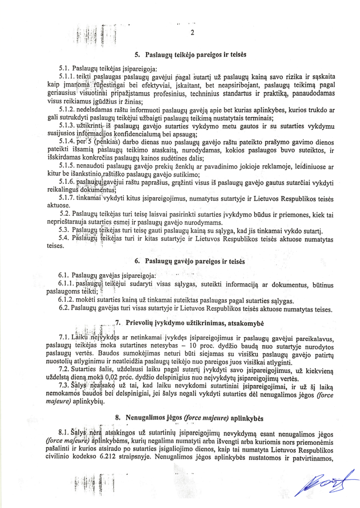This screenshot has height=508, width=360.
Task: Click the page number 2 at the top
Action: click(x=192, y=33)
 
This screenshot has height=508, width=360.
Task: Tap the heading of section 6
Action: click(x=192, y=262)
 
